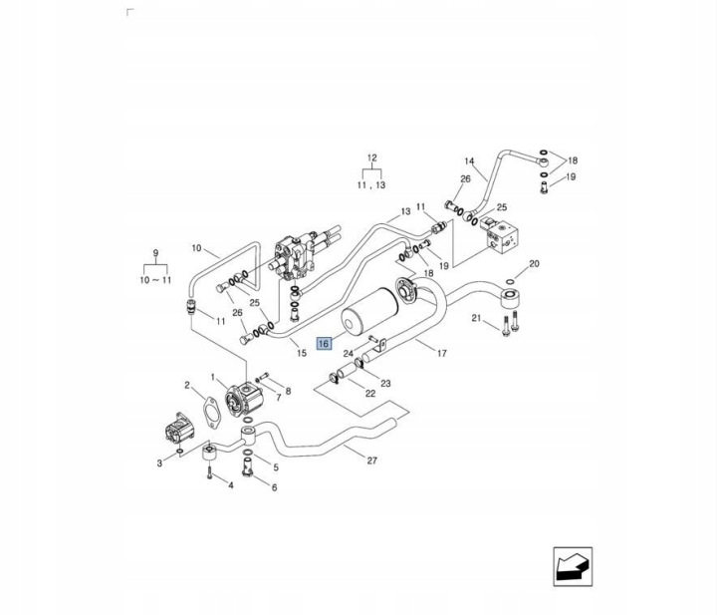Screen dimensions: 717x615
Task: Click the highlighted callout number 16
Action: click(324, 343)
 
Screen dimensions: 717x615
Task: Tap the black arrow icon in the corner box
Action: click(572, 566)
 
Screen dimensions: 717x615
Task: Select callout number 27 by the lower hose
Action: click(372, 461)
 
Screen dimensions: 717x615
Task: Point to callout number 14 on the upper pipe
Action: click(470, 161)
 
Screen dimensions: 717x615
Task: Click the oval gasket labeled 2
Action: click(211, 413)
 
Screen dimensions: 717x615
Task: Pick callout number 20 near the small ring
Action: click(534, 263)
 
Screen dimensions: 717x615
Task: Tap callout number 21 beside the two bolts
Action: click(476, 318)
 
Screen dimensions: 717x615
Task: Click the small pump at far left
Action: click(179, 429)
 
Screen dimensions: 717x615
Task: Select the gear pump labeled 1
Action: click(242, 399)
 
